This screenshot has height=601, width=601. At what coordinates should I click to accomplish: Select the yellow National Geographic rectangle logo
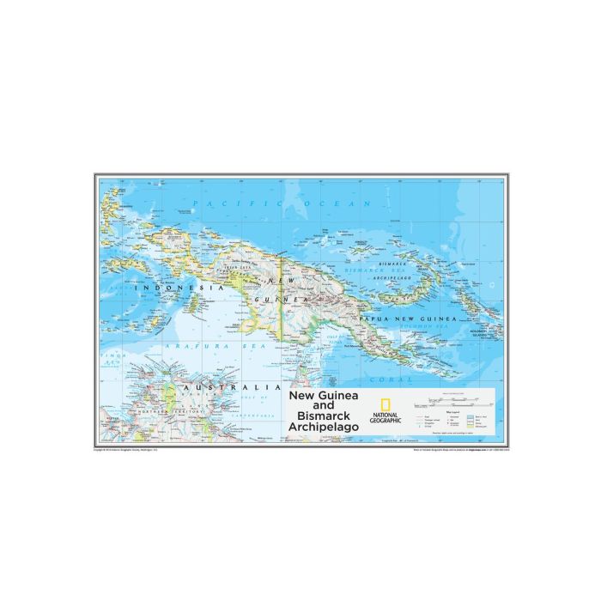point(386,405)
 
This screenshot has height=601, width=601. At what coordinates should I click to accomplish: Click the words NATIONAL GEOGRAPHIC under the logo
point(386,418)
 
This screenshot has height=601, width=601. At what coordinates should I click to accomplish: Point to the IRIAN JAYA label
point(238,268)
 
